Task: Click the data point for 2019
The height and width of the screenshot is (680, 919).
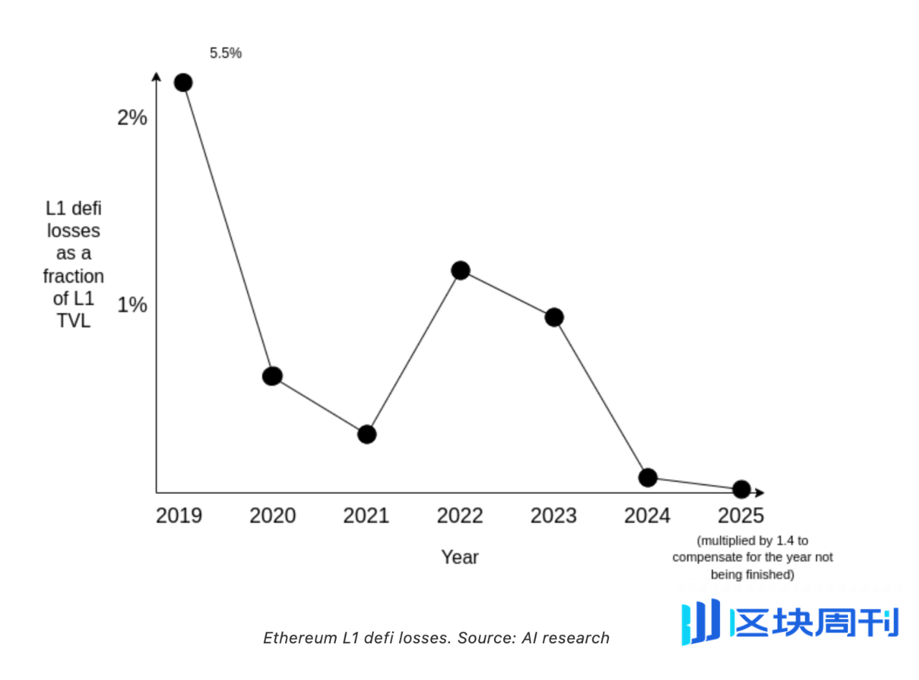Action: click(x=183, y=83)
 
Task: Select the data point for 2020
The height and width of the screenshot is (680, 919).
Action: click(x=272, y=376)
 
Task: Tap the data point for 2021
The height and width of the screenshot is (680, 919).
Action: click(x=367, y=434)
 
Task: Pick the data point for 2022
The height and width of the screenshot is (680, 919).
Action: click(x=461, y=271)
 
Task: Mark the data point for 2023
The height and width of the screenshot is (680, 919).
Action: click(x=554, y=317)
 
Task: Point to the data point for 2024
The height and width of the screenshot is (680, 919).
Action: click(x=648, y=478)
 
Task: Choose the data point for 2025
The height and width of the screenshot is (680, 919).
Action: click(x=742, y=490)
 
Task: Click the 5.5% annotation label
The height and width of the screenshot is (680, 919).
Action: click(x=225, y=53)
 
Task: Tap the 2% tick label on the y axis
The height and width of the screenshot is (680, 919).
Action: click(x=132, y=118)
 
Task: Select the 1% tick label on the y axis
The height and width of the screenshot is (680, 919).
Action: click(x=132, y=305)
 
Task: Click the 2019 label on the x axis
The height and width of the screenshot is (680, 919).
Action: click(x=179, y=516)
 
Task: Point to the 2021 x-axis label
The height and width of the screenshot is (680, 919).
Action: click(x=366, y=516)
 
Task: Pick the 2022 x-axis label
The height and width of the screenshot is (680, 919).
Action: click(x=460, y=516)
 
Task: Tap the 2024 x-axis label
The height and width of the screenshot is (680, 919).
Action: click(x=647, y=516)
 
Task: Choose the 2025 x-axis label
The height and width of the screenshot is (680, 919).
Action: click(x=741, y=516)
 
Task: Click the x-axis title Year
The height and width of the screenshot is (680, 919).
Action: click(x=459, y=557)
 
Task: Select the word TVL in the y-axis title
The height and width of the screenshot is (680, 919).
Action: click(x=73, y=321)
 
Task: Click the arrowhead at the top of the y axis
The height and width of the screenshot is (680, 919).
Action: click(x=157, y=76)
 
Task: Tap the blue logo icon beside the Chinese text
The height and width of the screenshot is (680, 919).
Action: click(x=701, y=621)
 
